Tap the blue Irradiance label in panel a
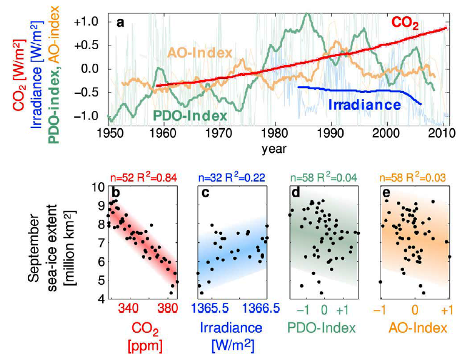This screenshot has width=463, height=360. (365, 104)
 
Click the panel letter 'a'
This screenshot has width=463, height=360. (120, 23)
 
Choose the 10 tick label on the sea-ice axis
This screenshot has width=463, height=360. (96, 188)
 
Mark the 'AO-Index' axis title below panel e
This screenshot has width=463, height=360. (414, 329)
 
